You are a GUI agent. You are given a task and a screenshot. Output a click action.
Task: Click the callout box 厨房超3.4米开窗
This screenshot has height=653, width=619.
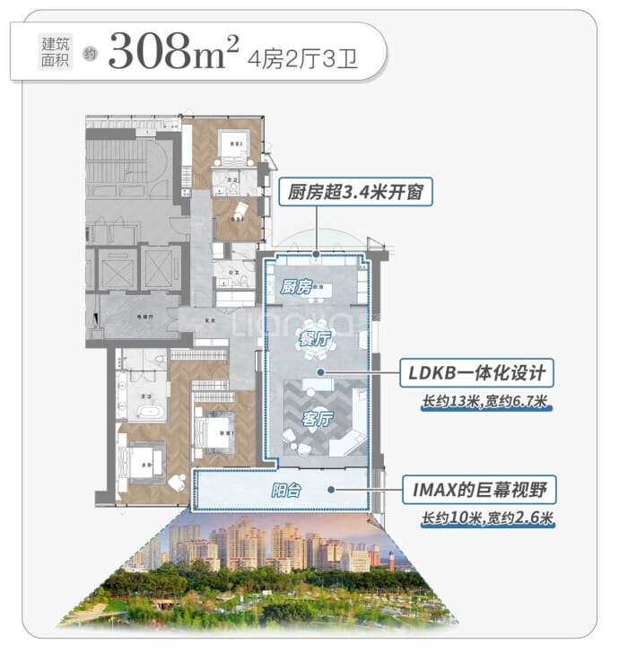355,191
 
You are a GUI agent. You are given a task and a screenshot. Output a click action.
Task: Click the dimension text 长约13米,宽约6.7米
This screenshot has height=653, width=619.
484,403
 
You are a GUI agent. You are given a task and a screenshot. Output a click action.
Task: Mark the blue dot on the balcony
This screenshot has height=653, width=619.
332,490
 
